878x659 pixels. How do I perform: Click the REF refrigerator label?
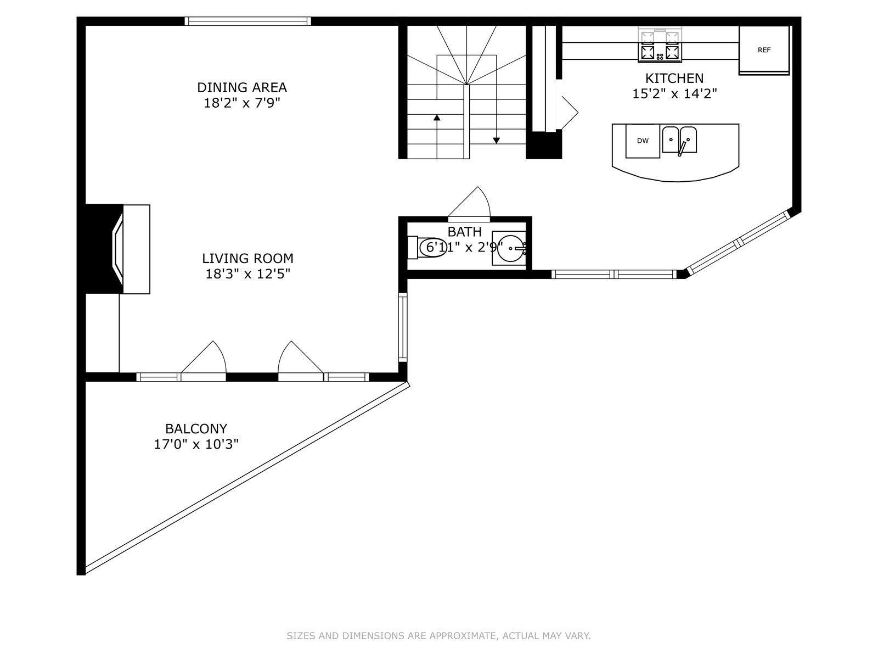pos(764,50)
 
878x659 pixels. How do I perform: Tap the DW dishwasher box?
pos(643,141)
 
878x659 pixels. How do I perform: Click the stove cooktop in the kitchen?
pos(660,44)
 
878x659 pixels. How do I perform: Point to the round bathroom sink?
pos(511,248)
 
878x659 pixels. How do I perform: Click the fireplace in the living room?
pos(117,249)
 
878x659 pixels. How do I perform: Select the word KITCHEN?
pos(674,78)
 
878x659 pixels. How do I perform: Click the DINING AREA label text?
pos(242,87)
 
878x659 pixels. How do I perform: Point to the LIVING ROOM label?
pos(247,259)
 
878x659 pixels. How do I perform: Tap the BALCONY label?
pos(196,429)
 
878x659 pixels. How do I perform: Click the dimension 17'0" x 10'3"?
pos(196,444)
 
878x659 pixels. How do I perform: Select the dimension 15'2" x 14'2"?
pos(674,93)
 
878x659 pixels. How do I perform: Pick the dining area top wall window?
pos(247,21)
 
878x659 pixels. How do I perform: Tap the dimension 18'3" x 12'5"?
pos(247,274)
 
